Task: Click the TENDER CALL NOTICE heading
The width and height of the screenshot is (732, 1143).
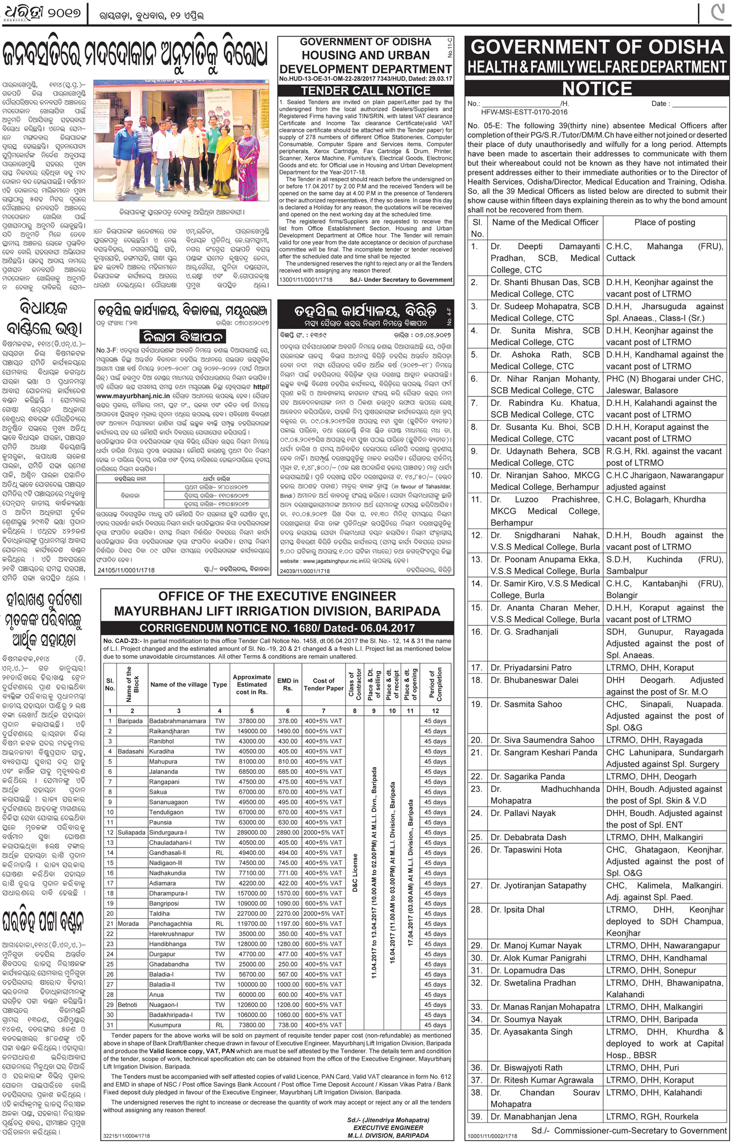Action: coord(366,90)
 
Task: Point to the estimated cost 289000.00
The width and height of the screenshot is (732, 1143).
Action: coord(252,832)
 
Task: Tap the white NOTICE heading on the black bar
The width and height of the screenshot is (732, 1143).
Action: coord(597,88)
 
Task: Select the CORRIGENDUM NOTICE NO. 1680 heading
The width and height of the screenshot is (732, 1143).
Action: coord(277,627)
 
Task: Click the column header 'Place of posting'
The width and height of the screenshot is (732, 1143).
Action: coord(665,222)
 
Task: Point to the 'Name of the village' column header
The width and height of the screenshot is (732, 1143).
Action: coord(178,684)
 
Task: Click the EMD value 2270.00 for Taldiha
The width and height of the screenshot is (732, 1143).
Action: coord(287,913)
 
